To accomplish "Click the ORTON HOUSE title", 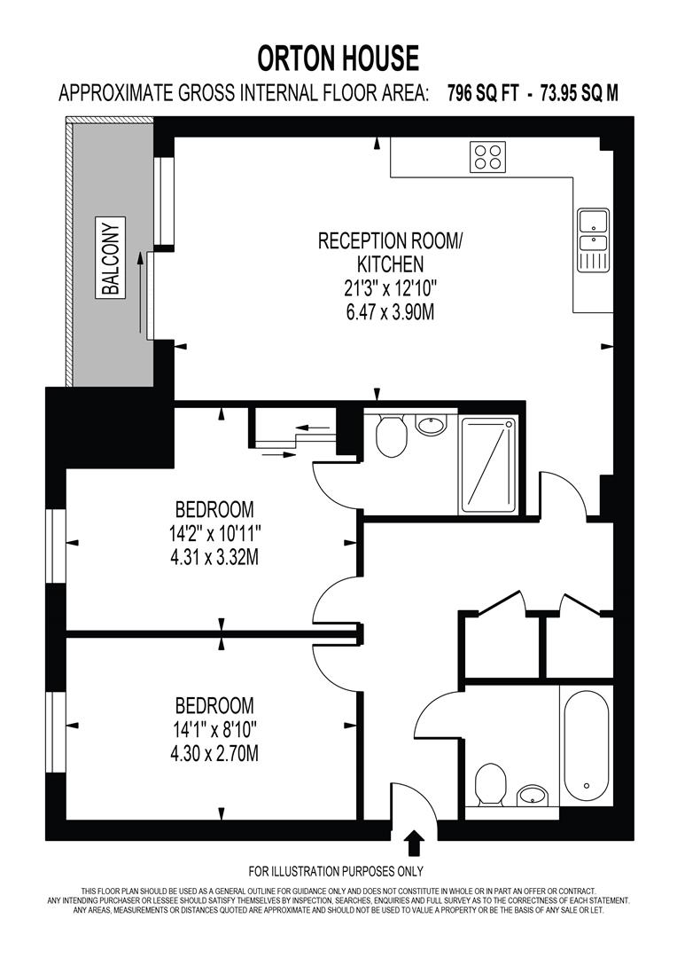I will click(x=338, y=59).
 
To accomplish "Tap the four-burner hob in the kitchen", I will click(x=487, y=157).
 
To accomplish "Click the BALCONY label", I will click(x=111, y=256).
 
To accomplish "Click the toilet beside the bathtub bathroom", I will click(x=489, y=783).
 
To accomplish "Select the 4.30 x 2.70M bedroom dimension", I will click(x=214, y=754).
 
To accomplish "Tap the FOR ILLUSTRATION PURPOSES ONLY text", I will click(x=336, y=870).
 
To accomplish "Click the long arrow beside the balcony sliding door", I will click(x=139, y=291).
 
